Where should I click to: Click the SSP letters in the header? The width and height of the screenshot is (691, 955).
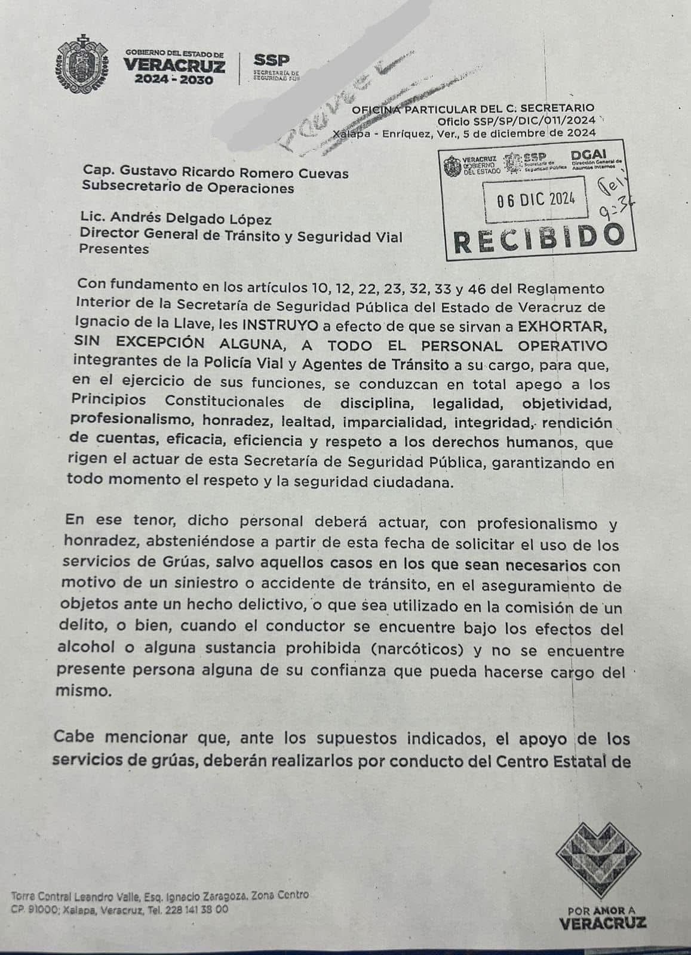[x=272, y=60]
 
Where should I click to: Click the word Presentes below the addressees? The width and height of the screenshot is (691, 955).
[x=115, y=249]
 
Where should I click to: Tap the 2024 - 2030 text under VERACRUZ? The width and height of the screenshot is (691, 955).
[x=174, y=80]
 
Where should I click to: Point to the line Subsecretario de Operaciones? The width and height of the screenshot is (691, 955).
[x=188, y=188]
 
